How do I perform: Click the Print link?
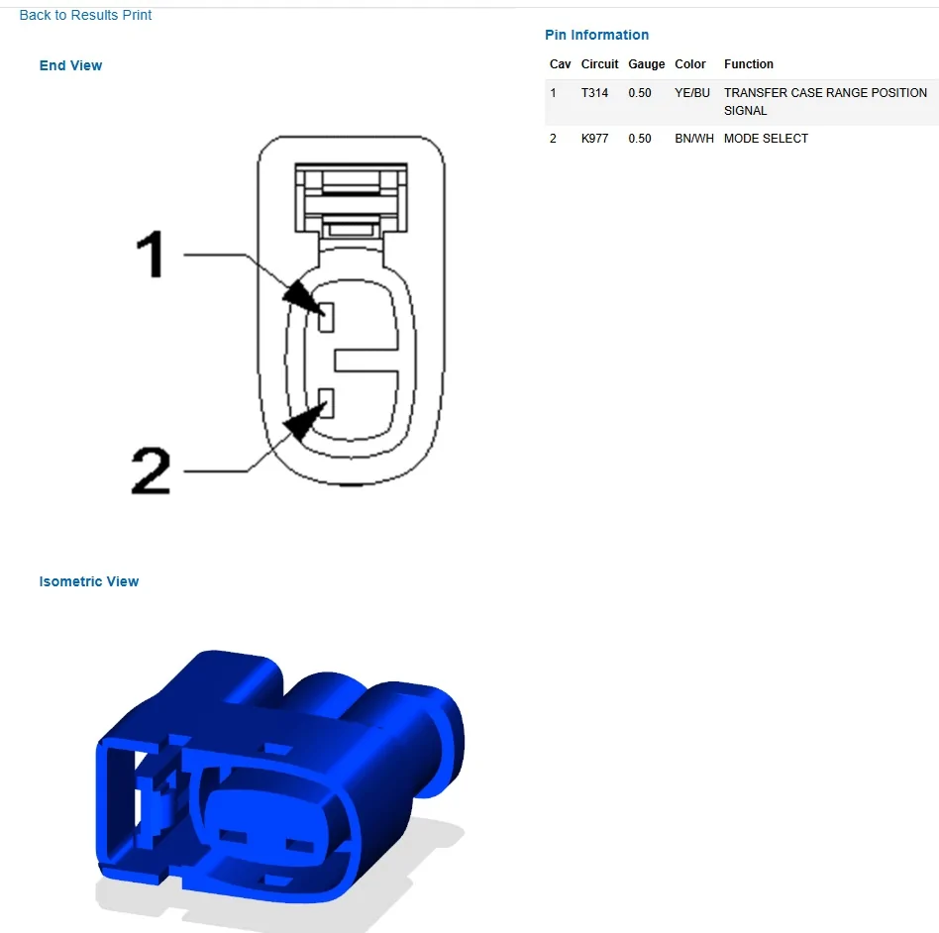pos(137,15)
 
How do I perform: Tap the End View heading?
pos(70,65)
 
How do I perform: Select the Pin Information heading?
pos(596,35)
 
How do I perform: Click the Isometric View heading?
pos(88,581)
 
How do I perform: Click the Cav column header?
pos(560,64)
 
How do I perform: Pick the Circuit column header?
pos(599,64)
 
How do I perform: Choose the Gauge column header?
pos(646,64)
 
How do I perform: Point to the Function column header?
pos(749,64)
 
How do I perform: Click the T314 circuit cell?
pos(594,93)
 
